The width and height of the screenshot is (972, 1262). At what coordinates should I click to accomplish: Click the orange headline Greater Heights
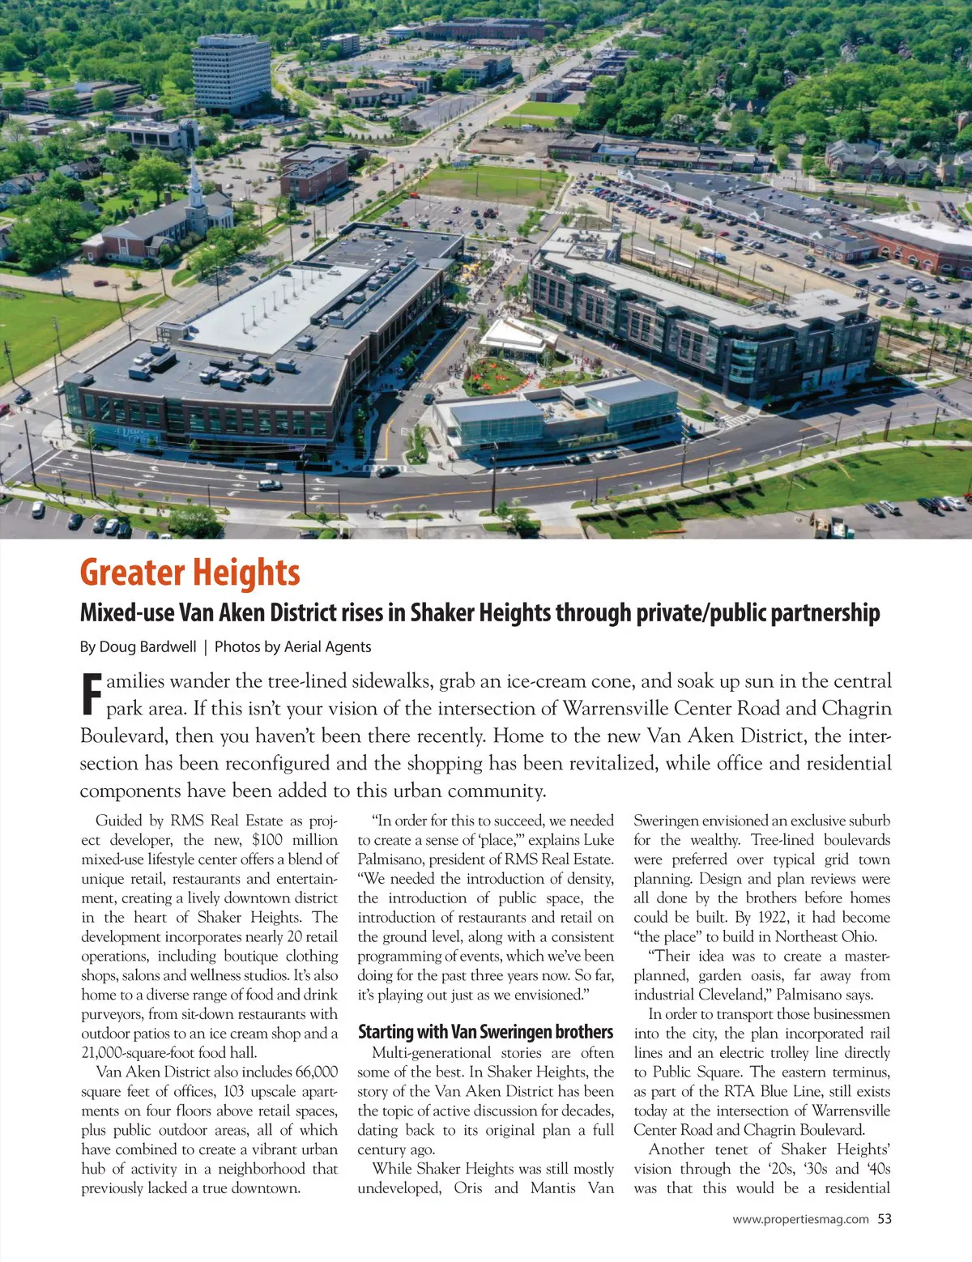pos(190,573)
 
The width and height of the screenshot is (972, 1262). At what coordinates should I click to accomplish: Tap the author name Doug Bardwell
pos(147,646)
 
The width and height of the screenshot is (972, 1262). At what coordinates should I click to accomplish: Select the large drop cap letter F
pos(92,695)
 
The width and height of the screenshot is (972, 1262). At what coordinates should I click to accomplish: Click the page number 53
pos(885,1218)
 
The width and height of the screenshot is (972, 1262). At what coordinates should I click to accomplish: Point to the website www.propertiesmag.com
pos(800,1218)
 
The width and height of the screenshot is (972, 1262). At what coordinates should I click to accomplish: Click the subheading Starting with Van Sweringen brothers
pos(485,1032)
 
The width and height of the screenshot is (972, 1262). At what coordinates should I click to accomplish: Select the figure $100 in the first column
pos(267,840)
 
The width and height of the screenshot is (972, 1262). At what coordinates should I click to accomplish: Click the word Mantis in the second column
pos(555,1188)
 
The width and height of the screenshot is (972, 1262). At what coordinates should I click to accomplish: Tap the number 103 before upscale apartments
pos(232,1091)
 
